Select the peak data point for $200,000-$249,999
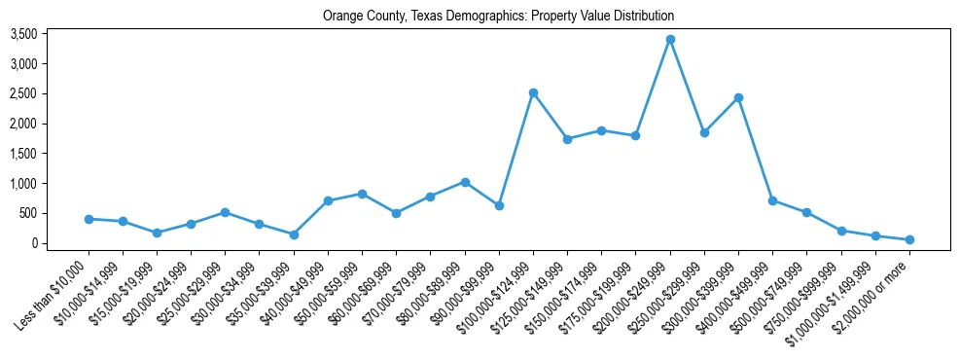(x=670, y=40)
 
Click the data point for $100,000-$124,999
(x=533, y=93)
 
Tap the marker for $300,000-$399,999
(x=738, y=98)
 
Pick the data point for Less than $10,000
(x=89, y=219)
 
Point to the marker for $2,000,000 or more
(x=909, y=239)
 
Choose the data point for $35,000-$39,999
(x=294, y=234)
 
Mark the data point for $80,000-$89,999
(x=465, y=182)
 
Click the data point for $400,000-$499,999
(x=772, y=200)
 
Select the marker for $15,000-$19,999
(x=157, y=233)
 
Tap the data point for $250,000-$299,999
(x=704, y=132)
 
